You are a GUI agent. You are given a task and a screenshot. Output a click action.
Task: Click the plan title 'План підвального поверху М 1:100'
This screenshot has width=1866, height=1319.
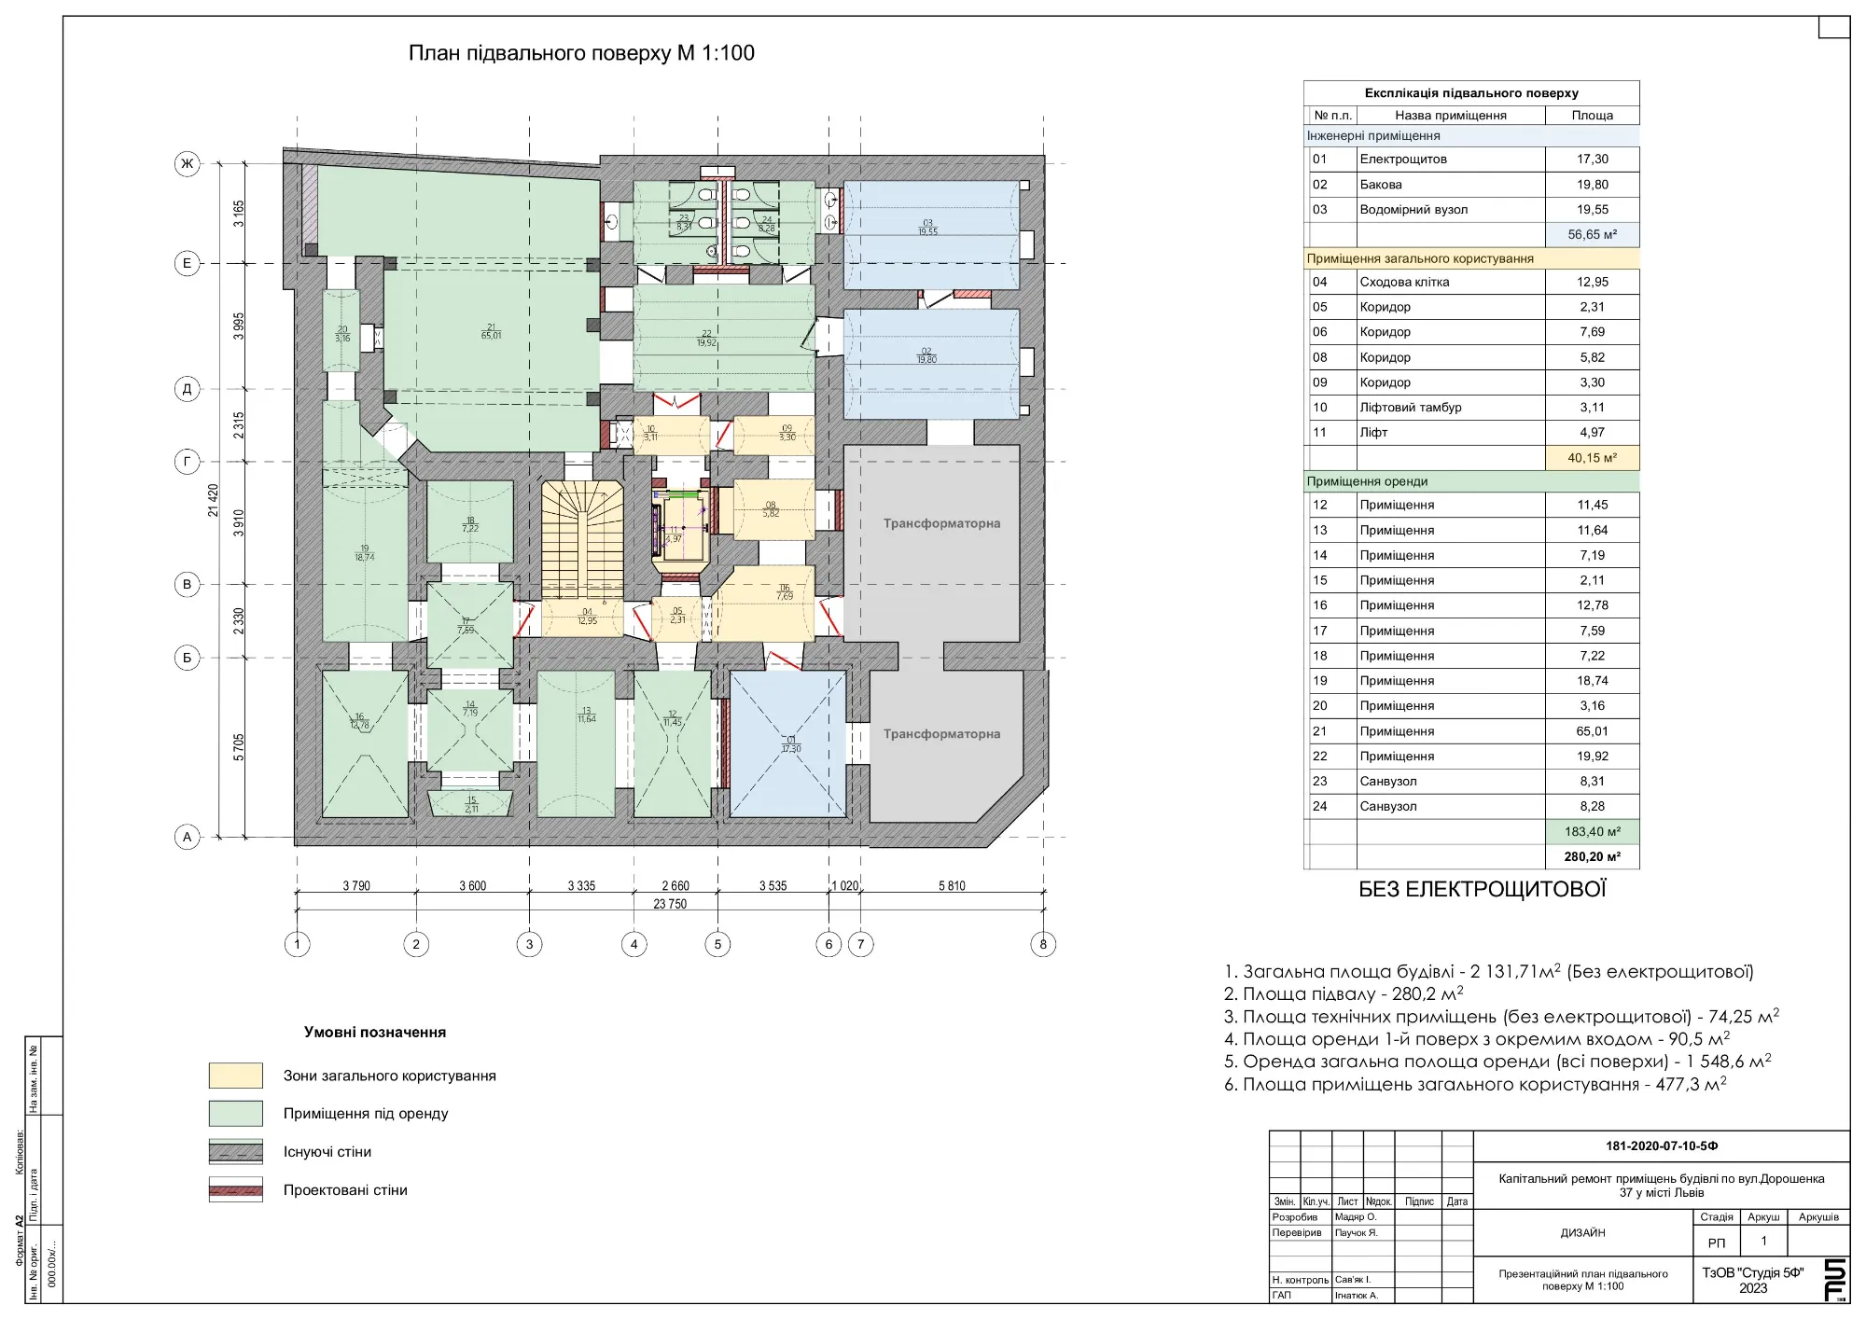(x=581, y=53)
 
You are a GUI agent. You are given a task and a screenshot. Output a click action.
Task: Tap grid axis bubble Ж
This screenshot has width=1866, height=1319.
(x=188, y=164)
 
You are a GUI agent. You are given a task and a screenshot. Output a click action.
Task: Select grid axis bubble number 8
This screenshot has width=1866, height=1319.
(x=1043, y=944)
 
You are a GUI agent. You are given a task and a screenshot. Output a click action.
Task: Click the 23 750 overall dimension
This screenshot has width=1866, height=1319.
(x=670, y=904)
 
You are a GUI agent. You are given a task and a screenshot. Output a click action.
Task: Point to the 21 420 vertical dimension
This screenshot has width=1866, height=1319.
(x=214, y=500)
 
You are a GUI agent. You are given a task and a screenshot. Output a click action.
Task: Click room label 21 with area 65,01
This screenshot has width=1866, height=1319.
(x=491, y=331)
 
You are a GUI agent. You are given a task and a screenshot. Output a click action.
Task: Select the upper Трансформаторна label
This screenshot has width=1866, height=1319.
(x=941, y=523)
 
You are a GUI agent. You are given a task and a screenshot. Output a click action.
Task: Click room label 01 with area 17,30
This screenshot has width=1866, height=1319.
(x=790, y=744)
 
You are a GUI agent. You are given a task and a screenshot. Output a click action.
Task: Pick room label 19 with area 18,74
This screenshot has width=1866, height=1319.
(x=364, y=553)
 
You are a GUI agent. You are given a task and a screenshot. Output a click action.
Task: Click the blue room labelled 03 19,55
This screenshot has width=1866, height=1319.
(x=927, y=228)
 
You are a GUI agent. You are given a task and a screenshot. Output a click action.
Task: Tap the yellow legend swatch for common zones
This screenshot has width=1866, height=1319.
(x=235, y=1076)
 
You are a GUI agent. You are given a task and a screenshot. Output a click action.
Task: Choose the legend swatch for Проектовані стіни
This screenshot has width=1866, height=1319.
(x=235, y=1190)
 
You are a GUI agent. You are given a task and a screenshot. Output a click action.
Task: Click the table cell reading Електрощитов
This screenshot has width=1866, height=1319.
(x=1403, y=160)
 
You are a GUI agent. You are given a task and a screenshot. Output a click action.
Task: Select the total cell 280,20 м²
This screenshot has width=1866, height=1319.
(x=1592, y=856)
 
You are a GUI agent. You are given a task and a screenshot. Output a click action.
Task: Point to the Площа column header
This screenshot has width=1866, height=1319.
(x=1592, y=116)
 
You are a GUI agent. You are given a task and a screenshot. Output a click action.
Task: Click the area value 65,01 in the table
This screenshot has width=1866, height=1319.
(x=1592, y=731)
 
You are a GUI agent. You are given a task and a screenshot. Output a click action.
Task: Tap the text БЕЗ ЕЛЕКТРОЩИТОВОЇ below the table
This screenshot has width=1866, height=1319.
(x=1482, y=890)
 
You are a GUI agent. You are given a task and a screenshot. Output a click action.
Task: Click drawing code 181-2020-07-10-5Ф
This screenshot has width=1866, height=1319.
(x=1662, y=1145)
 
